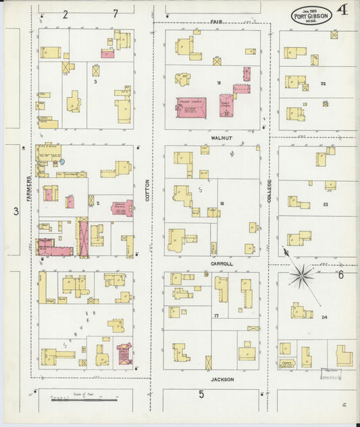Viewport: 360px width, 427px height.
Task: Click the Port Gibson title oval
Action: click(x=311, y=16)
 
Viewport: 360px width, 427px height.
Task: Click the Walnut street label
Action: click(x=221, y=138)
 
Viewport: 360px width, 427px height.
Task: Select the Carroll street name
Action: click(x=221, y=263)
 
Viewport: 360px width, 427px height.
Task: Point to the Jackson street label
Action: click(x=222, y=380)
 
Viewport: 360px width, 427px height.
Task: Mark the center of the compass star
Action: click(x=301, y=275)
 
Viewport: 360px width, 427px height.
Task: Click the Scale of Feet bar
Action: click(x=75, y=401)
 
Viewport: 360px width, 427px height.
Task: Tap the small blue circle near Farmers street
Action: click(x=62, y=161)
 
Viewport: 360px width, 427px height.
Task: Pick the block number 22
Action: click(x=324, y=84)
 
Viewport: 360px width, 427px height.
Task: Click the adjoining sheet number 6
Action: click(x=341, y=275)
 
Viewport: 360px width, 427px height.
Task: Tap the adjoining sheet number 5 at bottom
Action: click(x=201, y=395)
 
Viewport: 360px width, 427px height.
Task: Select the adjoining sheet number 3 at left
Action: click(x=16, y=211)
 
